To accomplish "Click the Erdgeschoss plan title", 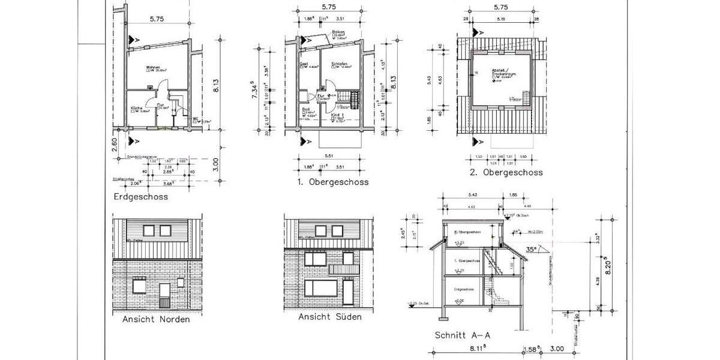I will click(x=140, y=196).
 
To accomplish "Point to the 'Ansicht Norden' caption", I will click(x=156, y=319).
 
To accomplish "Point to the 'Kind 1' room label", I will click(x=337, y=115).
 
